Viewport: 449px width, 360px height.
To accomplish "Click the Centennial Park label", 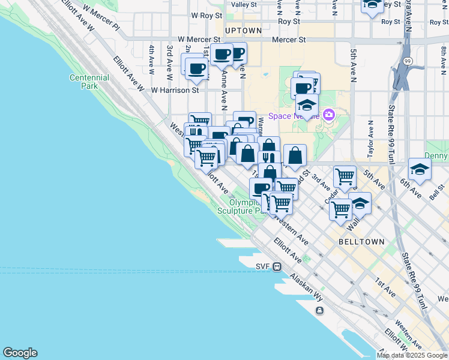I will coord(89,82).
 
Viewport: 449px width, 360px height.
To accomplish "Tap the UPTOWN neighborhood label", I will coord(243,30).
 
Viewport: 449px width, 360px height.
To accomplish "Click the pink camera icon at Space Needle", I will coord(328,115).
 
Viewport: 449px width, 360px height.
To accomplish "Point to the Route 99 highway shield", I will coord(408,61).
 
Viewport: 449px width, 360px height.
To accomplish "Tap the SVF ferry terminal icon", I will coord(277,266).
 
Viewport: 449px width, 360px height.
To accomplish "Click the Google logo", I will coord(20,353).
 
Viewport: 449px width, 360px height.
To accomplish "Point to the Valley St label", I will coord(244,4).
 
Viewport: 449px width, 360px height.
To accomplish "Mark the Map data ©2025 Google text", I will coord(412,355).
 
